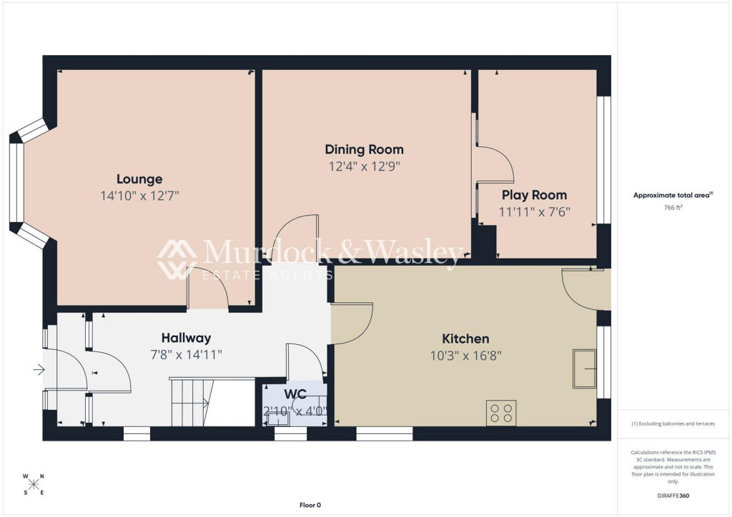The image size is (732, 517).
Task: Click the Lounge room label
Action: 139,179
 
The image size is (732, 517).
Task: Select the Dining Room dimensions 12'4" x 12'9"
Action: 364,166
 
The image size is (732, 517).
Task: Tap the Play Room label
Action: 534,195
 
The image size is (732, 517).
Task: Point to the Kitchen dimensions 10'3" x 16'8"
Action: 465,356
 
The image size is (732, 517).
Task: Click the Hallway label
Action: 186,338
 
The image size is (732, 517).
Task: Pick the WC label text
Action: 295,394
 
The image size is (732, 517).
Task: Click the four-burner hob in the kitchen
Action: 501,413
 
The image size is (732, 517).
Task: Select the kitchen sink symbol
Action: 585,368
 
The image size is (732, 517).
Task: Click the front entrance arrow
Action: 39,370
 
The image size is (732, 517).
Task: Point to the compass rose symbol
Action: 34,484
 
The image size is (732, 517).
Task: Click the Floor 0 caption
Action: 310,505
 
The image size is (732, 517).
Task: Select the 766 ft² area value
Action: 673,208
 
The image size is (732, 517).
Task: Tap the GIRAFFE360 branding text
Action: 673,496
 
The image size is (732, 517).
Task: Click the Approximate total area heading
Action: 673,196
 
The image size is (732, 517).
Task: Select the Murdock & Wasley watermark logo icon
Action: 177,259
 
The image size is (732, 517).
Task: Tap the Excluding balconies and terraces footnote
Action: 673,423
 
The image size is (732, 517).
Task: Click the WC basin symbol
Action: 277,420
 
